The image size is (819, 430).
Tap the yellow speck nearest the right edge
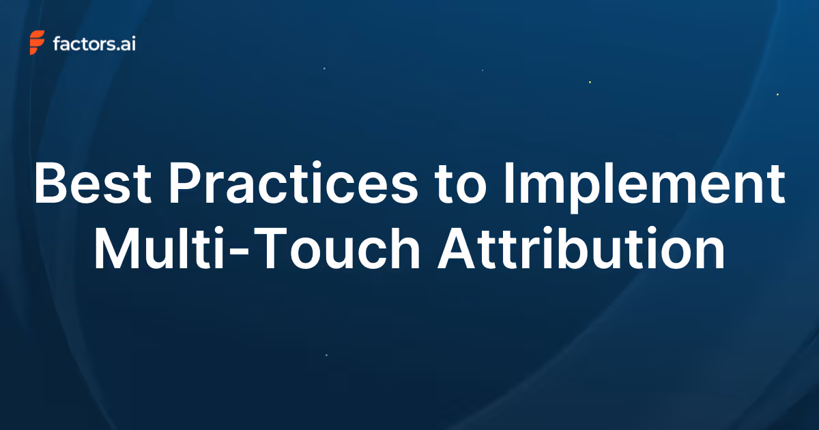(777, 94)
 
